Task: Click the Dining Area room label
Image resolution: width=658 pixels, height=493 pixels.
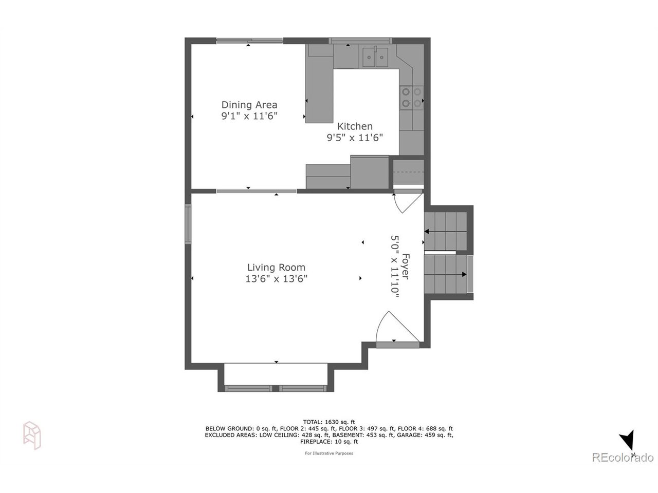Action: (x=249, y=105)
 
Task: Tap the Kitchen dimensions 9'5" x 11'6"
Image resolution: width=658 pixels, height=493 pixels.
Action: (x=355, y=138)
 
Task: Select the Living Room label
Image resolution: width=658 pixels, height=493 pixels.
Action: (x=276, y=267)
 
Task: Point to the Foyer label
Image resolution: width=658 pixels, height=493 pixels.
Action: (x=406, y=267)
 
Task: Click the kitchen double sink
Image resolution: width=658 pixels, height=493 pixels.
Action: (x=375, y=57)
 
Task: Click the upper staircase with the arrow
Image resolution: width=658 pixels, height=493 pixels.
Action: (x=446, y=232)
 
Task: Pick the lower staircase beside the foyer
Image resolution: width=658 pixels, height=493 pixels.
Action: (x=446, y=274)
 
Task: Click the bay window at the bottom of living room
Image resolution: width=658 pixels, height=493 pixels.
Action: (x=276, y=388)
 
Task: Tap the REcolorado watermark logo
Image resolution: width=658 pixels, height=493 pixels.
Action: (x=623, y=457)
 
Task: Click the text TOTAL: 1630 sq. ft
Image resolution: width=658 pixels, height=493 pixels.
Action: (x=329, y=422)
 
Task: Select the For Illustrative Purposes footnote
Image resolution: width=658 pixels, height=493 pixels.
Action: (x=329, y=453)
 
